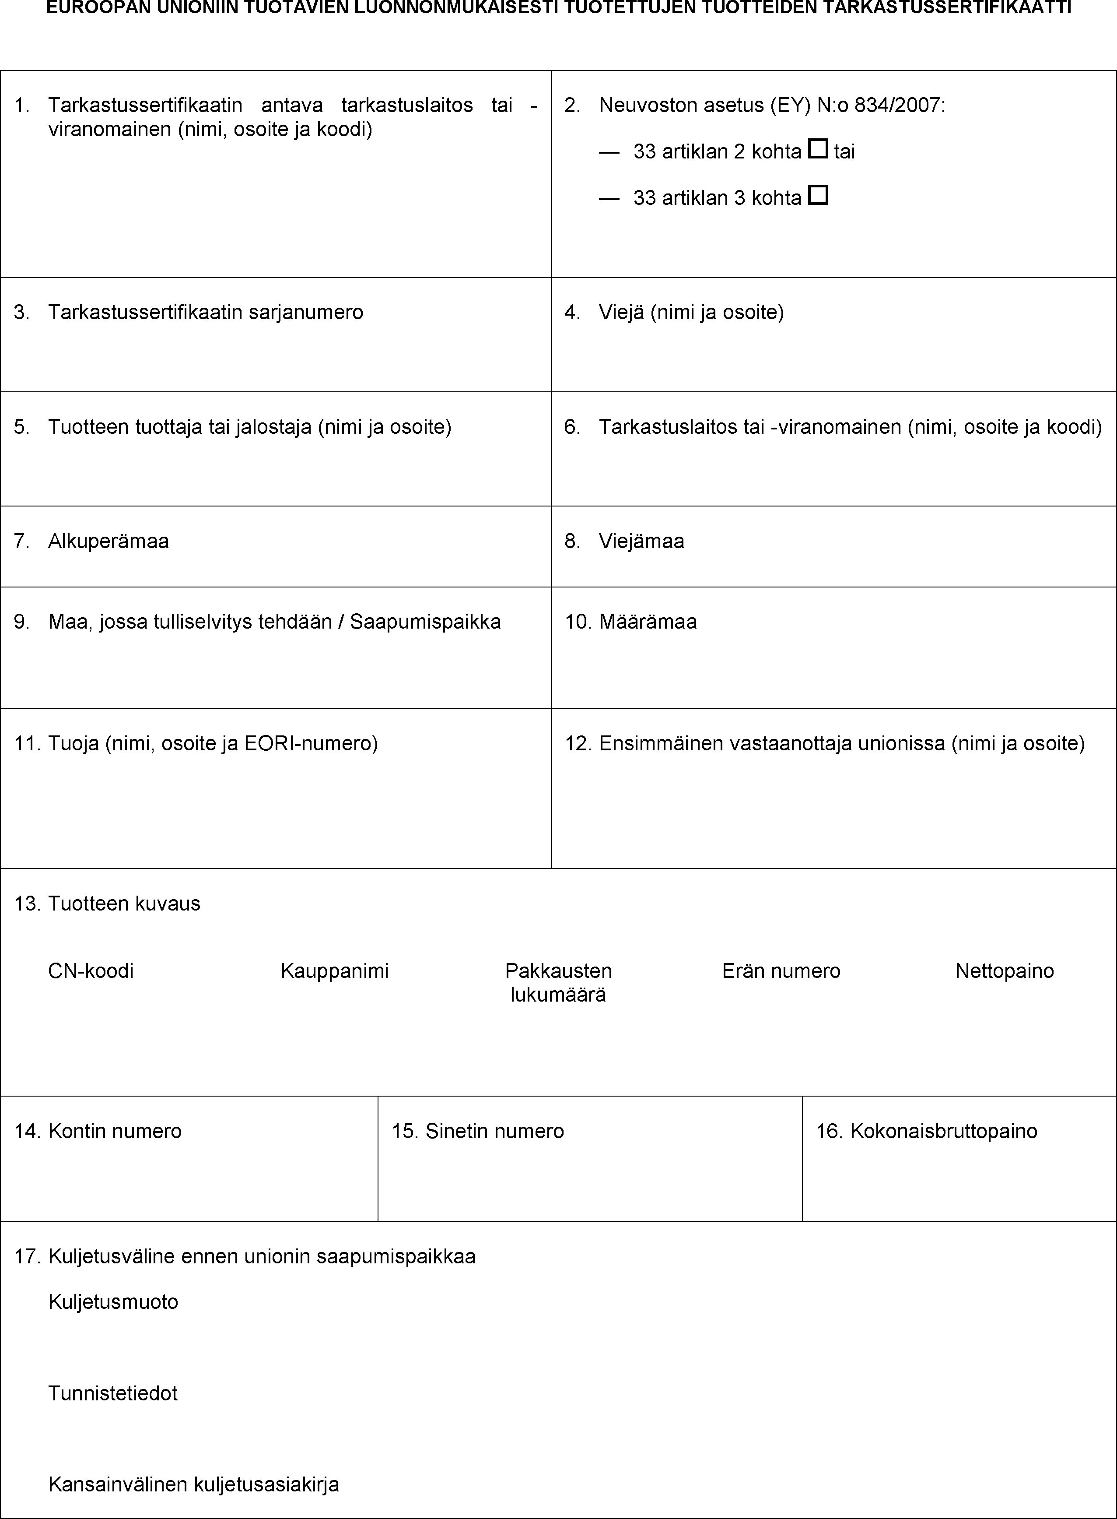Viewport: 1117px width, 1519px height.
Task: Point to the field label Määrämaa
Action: coord(647,622)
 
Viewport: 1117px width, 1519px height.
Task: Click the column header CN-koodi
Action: coord(91,971)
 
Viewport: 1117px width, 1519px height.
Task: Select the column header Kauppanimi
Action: coord(335,971)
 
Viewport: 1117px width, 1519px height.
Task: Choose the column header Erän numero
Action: coord(781,971)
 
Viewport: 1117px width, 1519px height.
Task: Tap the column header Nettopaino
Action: coord(1004,971)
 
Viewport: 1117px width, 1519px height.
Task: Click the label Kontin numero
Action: coord(115,1132)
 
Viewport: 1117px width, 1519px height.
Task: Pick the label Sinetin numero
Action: coord(494,1132)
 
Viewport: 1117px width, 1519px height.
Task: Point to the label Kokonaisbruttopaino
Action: coord(943,1132)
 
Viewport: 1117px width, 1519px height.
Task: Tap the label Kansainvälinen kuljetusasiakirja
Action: coord(193,1484)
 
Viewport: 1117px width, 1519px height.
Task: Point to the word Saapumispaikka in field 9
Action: coord(425,622)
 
